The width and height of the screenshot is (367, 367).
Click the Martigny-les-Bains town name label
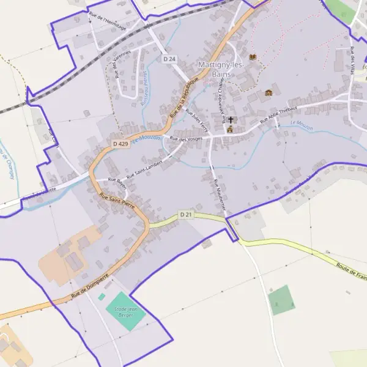[x=221, y=69]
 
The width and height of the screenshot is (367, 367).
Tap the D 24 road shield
[x=169, y=59]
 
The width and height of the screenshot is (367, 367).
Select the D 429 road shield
[x=120, y=143]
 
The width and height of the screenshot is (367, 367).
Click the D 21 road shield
[x=187, y=215]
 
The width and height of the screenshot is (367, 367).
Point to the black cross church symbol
[x=231, y=120]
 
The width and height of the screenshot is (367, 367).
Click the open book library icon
[x=253, y=57]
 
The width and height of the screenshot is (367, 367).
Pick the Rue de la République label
[x=184, y=98]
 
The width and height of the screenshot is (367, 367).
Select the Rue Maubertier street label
[x=220, y=195]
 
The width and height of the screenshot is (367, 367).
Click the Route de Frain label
[x=351, y=269]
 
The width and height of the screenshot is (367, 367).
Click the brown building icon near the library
[x=269, y=93]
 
